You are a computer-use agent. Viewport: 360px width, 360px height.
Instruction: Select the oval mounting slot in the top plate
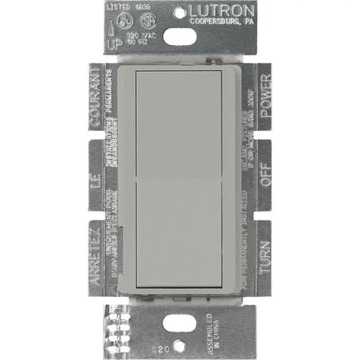click(179, 35)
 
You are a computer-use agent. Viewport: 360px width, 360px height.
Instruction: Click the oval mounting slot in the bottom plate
click(180, 327)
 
